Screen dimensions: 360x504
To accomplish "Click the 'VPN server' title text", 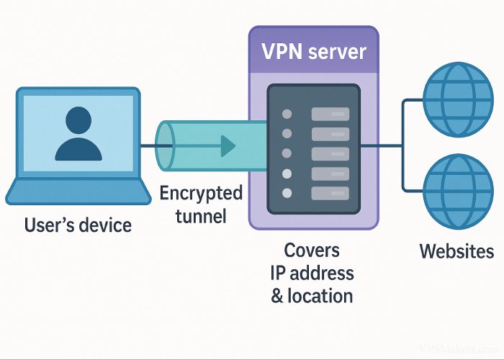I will (313, 52).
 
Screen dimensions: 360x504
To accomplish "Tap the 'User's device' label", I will (78, 225).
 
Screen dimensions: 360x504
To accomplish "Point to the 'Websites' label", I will (456, 251).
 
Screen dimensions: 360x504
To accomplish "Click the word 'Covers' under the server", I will (312, 251).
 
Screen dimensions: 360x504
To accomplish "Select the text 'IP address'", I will (312, 273).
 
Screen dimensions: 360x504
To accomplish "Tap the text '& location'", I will (312, 295).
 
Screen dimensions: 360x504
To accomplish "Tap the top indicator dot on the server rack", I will (287, 114).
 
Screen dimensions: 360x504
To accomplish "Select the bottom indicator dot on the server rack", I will (287, 193).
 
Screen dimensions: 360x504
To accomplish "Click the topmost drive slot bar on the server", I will (330, 114).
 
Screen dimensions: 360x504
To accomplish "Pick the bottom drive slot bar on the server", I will (330, 193).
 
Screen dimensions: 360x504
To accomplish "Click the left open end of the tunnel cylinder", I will (165, 146).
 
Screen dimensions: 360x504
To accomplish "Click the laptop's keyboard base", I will (78, 192).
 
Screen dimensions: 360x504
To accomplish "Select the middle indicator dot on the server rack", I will (287, 153).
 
